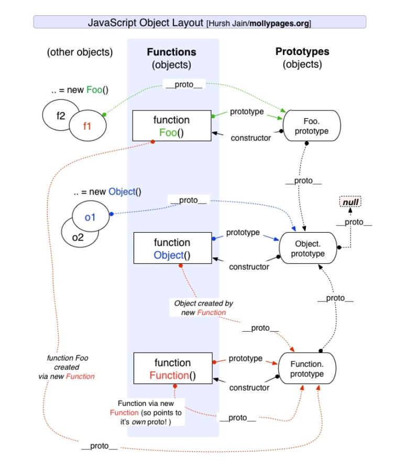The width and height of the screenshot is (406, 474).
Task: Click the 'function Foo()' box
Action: (171, 126)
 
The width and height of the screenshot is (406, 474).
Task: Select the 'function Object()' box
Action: (172, 249)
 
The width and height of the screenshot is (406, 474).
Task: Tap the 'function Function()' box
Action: (172, 369)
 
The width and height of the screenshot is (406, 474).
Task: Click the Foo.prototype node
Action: (312, 126)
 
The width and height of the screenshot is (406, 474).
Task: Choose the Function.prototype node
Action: (307, 369)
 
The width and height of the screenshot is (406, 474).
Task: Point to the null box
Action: (350, 202)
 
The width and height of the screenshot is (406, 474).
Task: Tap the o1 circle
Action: (91, 216)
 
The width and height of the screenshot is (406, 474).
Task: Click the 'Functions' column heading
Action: (171, 52)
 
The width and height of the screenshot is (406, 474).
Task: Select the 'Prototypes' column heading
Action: (302, 51)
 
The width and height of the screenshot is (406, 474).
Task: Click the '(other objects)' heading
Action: (80, 52)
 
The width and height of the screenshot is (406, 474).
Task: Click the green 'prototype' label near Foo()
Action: (247, 111)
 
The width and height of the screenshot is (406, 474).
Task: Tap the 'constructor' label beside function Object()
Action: (249, 267)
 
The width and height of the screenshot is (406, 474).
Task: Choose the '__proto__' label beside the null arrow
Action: (354, 222)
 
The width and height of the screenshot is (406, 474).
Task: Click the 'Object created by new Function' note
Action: (203, 308)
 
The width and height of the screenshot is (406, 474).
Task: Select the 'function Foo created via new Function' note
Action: (67, 367)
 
